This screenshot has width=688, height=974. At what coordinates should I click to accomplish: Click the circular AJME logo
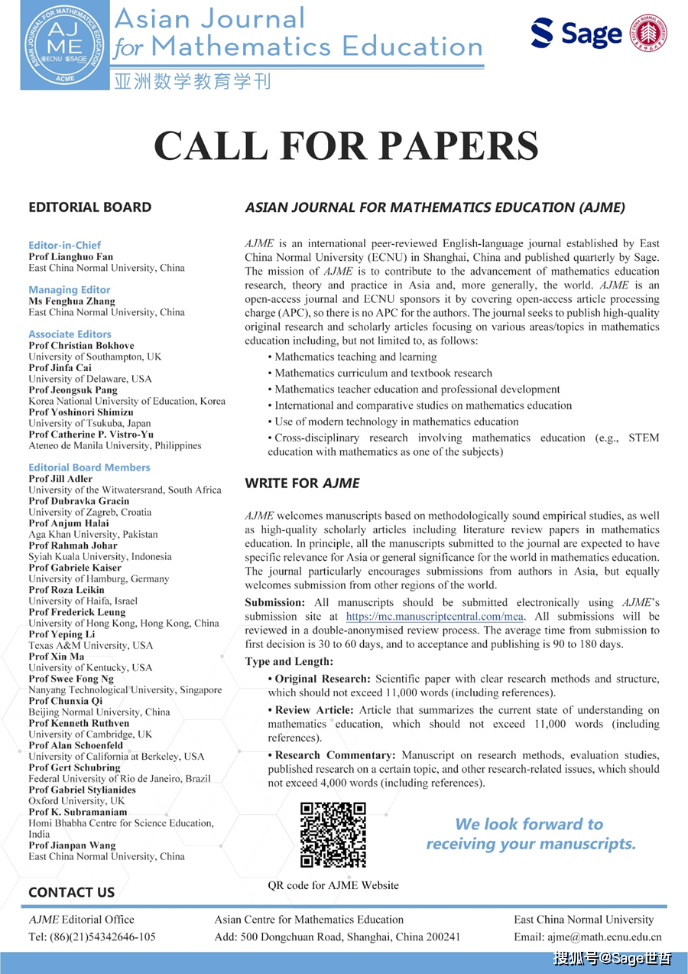point(65,47)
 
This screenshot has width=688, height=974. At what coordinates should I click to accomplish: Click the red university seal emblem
point(647,33)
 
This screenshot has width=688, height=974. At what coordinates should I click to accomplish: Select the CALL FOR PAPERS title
point(346,145)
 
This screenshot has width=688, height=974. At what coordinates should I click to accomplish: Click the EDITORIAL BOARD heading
point(89,207)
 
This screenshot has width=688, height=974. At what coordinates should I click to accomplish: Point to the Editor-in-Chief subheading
point(64,246)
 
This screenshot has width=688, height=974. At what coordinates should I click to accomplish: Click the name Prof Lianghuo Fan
point(71,257)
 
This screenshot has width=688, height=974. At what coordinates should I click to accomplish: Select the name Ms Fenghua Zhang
point(72,301)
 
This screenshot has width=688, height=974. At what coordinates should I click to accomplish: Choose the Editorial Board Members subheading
point(89,467)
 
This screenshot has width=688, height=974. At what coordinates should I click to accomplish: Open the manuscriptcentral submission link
point(435,616)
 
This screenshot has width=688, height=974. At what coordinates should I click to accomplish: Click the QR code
point(333,834)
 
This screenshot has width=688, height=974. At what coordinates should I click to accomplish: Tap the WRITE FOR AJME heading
point(302,484)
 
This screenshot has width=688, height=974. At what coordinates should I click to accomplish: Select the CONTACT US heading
point(71,892)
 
